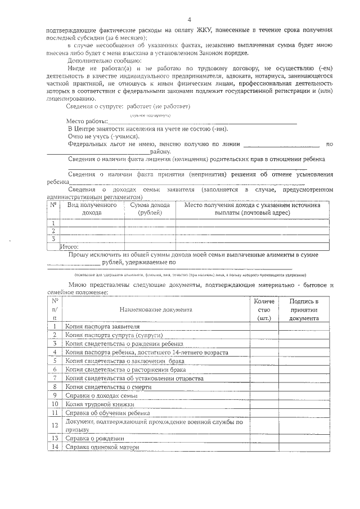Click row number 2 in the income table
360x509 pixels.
(x=53, y=231)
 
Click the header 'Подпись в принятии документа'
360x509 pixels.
(x=304, y=309)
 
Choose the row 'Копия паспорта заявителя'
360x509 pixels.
(x=102, y=326)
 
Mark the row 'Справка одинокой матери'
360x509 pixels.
(x=98, y=447)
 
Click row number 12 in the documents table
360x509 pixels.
(x=55, y=425)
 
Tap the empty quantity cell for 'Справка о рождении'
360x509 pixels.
(x=263, y=438)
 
